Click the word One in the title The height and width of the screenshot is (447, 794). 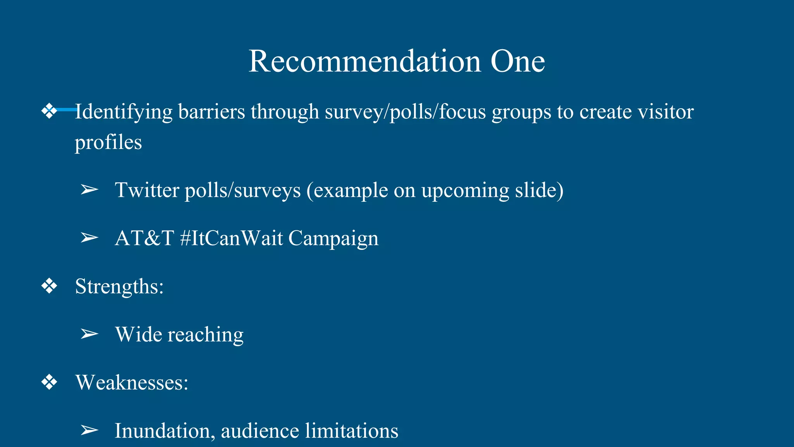point(518,61)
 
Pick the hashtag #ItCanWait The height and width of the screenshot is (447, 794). point(231,238)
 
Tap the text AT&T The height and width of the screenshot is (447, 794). point(144,238)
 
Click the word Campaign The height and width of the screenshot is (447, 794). point(333,239)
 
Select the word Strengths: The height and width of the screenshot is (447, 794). point(119,287)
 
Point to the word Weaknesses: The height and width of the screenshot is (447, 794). point(132,383)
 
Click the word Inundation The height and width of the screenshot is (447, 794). point(164,431)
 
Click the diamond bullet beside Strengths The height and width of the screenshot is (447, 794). point(49,286)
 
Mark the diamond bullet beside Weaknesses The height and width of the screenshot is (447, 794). point(49,383)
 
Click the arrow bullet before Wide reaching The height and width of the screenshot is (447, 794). point(89,334)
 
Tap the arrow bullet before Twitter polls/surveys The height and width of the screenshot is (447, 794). point(89,190)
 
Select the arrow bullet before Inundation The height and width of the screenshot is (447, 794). point(89,430)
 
